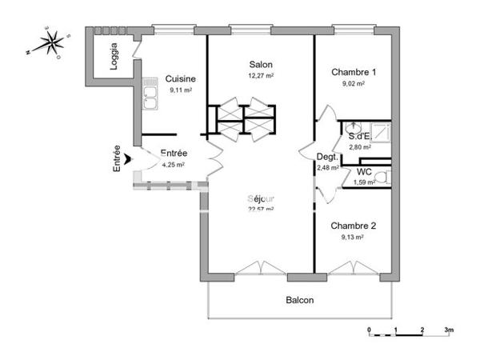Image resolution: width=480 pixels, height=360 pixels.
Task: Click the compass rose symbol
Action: tap(50, 42)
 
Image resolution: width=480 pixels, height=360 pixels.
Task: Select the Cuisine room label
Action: tap(180, 78)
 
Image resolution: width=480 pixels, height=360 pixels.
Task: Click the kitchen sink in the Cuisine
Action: tap(149, 95)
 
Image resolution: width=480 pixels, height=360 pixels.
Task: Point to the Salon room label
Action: tap(260, 65)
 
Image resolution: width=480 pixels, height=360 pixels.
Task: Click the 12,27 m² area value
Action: tap(260, 76)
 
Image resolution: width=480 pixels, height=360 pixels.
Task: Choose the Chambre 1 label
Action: tap(353, 72)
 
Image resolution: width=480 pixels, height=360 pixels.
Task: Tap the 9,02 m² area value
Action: tap(353, 83)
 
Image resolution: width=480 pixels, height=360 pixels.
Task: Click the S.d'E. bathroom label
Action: tap(358, 136)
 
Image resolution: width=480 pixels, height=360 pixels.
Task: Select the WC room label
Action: tap(364, 171)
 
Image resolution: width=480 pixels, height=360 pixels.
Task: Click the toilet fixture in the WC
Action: tap(382, 178)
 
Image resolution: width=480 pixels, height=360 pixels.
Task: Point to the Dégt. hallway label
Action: tap(326, 157)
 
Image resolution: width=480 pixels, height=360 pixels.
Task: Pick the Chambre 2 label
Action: tap(353, 226)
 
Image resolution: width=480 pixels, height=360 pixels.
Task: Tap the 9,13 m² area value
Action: tap(353, 237)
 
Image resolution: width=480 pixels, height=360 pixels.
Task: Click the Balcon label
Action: tap(300, 301)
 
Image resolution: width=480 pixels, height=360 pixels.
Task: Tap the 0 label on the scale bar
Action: tap(369, 329)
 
